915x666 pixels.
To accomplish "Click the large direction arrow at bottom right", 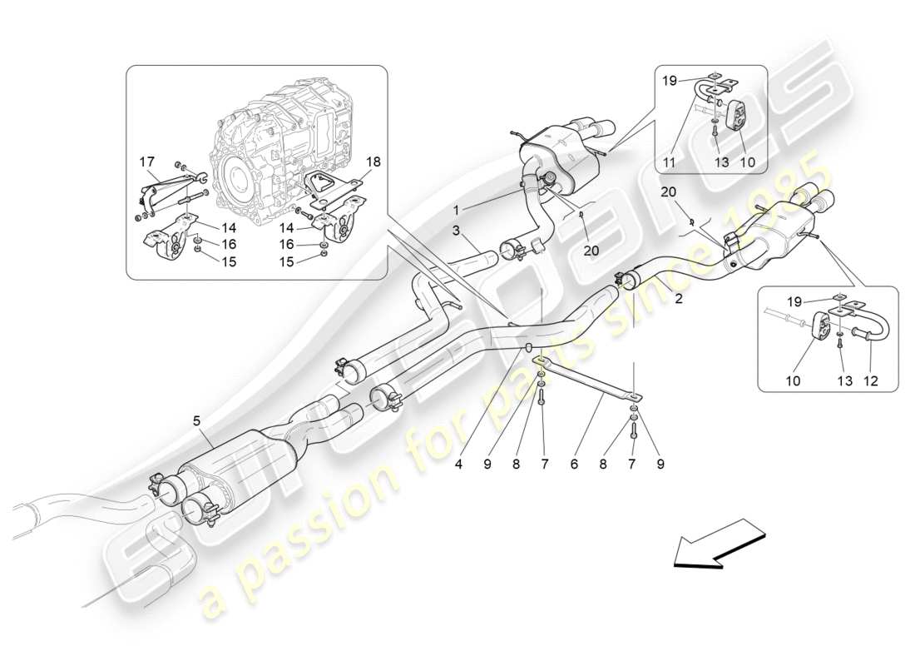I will point(718,543).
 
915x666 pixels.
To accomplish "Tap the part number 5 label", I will point(196,421).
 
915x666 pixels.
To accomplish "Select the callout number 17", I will point(146,162).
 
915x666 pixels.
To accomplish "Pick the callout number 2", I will point(679,298).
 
